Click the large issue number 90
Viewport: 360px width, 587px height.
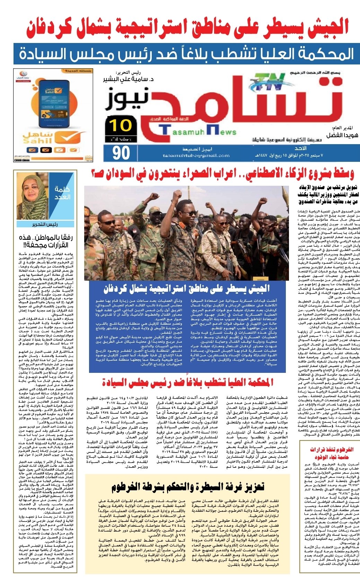tap(121, 153)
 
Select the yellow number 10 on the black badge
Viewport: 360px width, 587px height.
tap(121, 125)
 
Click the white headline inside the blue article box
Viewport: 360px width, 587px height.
tap(187, 288)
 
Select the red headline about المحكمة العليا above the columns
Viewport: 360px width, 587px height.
tap(187, 383)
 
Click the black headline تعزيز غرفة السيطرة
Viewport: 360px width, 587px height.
tap(187, 487)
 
